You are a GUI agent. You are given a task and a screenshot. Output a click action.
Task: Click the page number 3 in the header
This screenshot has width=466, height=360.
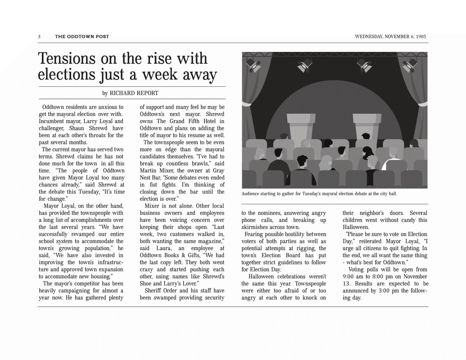[x=39, y=37]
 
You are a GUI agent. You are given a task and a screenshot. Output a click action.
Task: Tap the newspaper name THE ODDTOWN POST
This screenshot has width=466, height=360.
[x=82, y=37]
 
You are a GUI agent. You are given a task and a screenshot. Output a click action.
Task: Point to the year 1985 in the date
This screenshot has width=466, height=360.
[x=421, y=37]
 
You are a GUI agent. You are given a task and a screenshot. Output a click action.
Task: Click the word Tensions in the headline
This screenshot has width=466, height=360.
[x=67, y=59]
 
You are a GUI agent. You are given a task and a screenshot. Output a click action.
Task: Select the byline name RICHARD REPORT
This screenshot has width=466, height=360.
[x=134, y=93]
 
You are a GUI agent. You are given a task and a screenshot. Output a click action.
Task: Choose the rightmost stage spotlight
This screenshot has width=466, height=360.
[x=410, y=65]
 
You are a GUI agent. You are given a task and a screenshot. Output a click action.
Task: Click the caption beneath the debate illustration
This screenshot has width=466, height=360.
[x=319, y=194]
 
